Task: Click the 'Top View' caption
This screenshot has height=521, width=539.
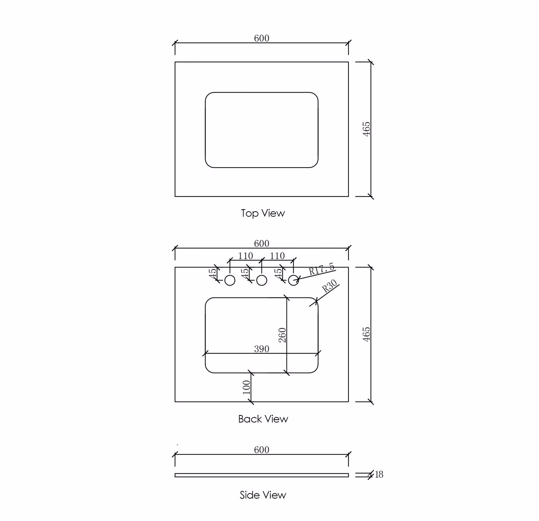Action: [x=263, y=213]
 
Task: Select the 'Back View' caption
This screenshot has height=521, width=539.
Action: [x=263, y=418]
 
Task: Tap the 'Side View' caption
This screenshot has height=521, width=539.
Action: [x=263, y=495]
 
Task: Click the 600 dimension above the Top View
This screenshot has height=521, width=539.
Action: [x=261, y=38]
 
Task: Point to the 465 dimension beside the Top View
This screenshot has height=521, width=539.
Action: [x=366, y=129]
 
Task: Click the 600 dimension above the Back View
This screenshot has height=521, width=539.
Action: [x=261, y=244]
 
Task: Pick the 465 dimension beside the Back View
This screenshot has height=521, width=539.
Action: [x=366, y=334]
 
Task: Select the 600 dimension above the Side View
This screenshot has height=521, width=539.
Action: [x=261, y=449]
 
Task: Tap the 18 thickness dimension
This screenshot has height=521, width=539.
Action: [x=379, y=474]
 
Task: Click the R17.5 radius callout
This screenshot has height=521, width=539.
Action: [x=321, y=269]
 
